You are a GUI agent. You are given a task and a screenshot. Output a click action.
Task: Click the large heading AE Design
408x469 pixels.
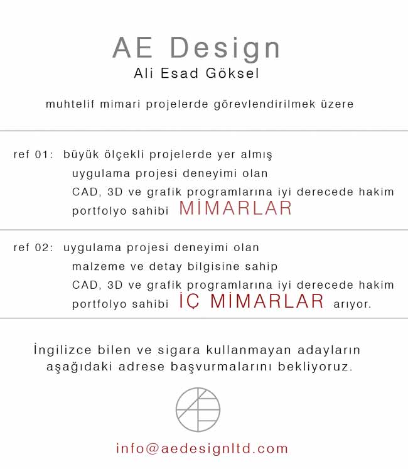click(196, 48)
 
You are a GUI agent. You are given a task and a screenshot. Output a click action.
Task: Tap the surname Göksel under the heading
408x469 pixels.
click(232, 73)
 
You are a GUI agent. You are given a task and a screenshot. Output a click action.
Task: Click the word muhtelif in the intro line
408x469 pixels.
click(70, 104)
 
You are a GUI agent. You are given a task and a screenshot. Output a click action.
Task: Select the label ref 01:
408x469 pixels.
click(33, 154)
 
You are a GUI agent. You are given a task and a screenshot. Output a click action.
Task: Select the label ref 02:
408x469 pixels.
click(33, 247)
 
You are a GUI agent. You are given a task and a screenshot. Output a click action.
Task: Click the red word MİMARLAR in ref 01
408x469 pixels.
click(235, 208)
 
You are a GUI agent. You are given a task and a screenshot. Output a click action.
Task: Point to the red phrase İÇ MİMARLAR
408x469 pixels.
click(251, 301)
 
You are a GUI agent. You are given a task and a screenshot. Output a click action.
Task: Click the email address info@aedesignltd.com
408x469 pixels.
click(202, 448)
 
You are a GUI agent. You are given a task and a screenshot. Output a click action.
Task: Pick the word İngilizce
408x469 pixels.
click(63, 350)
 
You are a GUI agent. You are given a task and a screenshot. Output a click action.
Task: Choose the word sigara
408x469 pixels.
click(179, 351)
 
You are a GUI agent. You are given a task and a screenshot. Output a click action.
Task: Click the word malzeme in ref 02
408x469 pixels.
click(99, 266)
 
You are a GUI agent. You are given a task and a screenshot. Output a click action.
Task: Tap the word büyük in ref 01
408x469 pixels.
click(81, 154)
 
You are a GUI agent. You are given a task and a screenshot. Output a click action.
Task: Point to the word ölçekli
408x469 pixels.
click(124, 154)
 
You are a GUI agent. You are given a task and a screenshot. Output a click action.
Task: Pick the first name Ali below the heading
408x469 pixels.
click(144, 73)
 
